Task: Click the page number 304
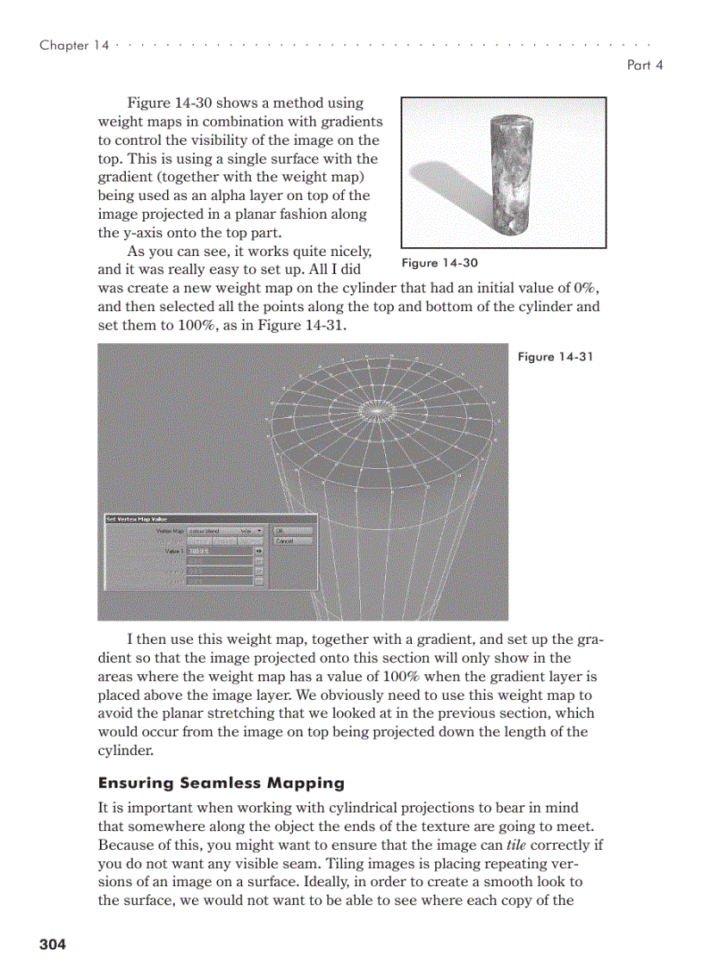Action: pyautogui.click(x=52, y=945)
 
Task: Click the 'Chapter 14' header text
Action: pyautogui.click(x=74, y=46)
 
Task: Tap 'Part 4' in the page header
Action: pyautogui.click(x=645, y=66)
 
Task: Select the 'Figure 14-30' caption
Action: pyautogui.click(x=439, y=263)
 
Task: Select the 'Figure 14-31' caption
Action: pyautogui.click(x=555, y=357)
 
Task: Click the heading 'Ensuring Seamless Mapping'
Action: pyautogui.click(x=221, y=784)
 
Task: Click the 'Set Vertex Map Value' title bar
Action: pyautogui.click(x=138, y=519)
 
